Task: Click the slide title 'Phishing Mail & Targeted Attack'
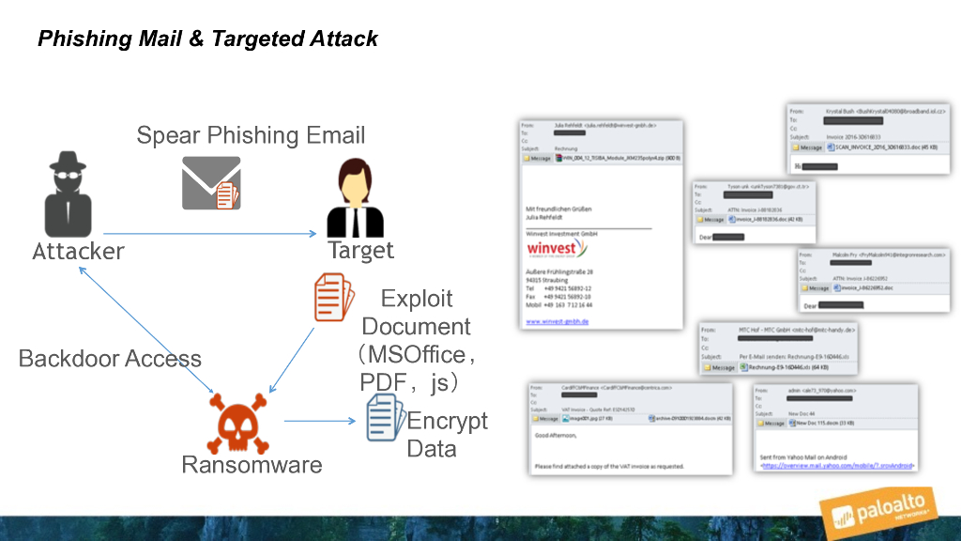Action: click(207, 39)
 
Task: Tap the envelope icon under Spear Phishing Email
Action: click(211, 182)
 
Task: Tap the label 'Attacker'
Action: click(78, 252)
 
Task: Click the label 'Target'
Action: click(361, 251)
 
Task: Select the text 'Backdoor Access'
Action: click(110, 358)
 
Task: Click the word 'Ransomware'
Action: click(252, 465)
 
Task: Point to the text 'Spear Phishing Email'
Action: click(251, 135)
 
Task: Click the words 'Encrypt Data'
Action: click(447, 434)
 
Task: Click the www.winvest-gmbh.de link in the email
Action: click(557, 321)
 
